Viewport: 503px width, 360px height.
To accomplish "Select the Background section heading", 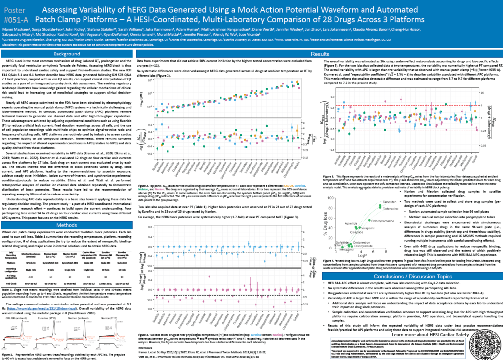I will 67,54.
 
